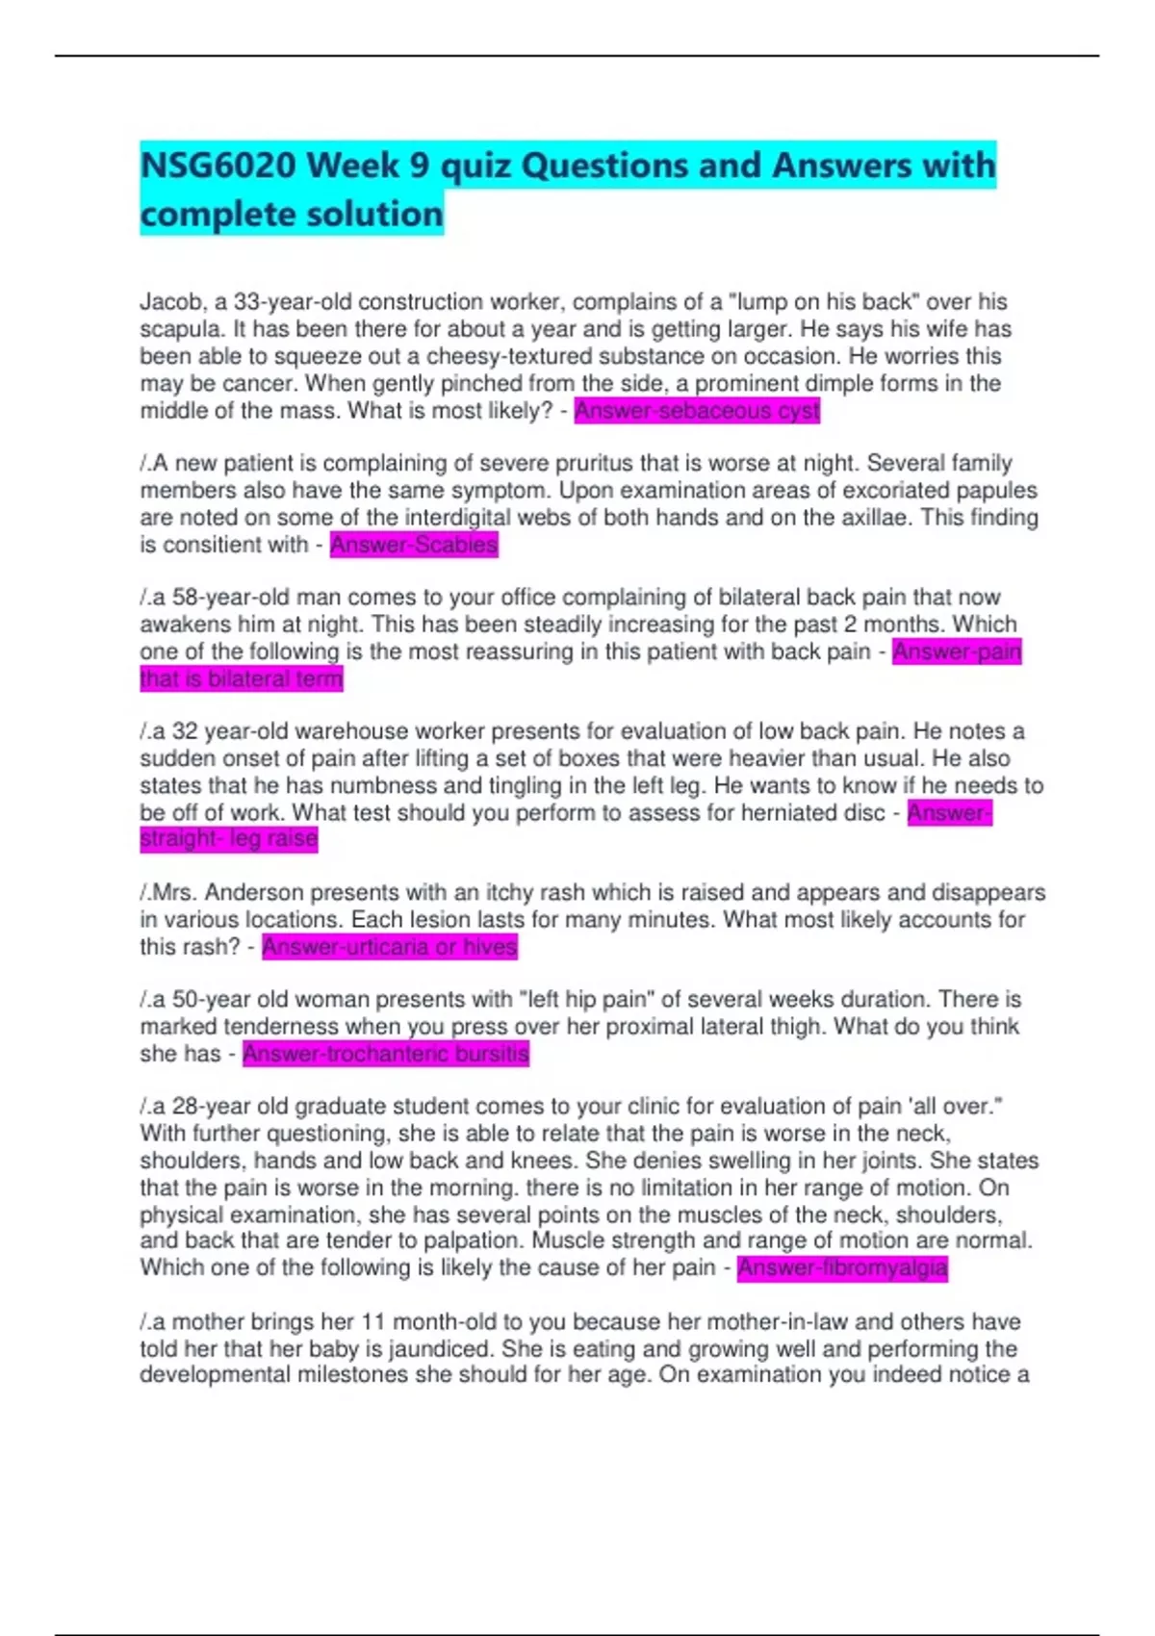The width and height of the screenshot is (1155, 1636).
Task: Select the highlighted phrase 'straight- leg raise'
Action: click(x=229, y=839)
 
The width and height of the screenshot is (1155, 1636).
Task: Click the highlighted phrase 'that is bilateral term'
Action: click(x=242, y=679)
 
